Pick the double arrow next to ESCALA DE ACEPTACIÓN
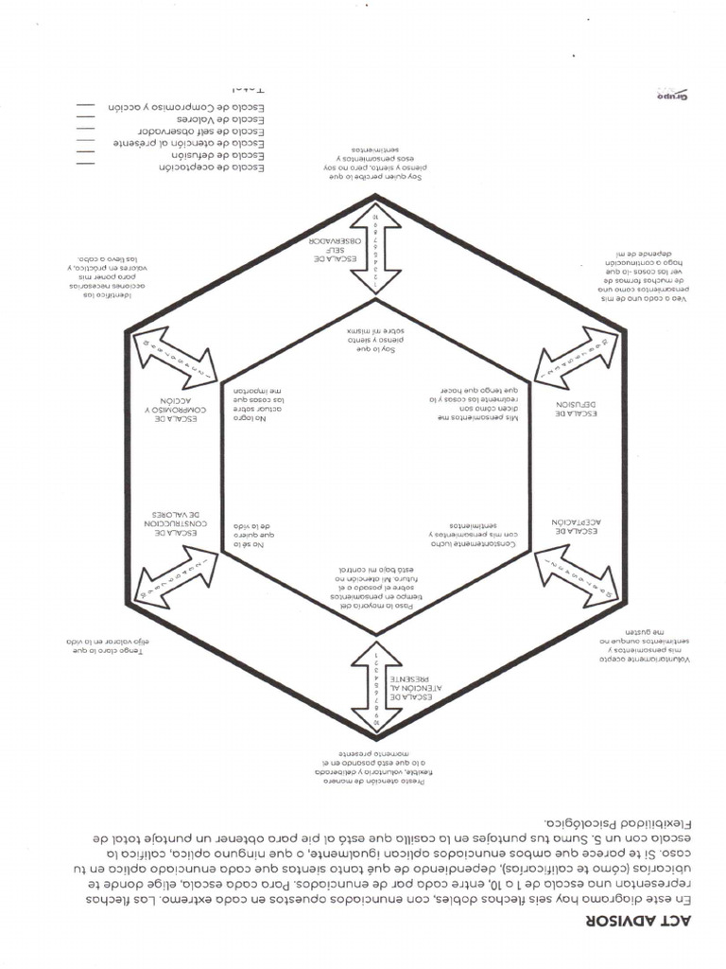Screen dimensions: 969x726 click(x=576, y=577)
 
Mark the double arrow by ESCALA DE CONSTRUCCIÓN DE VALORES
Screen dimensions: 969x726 click(x=177, y=577)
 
